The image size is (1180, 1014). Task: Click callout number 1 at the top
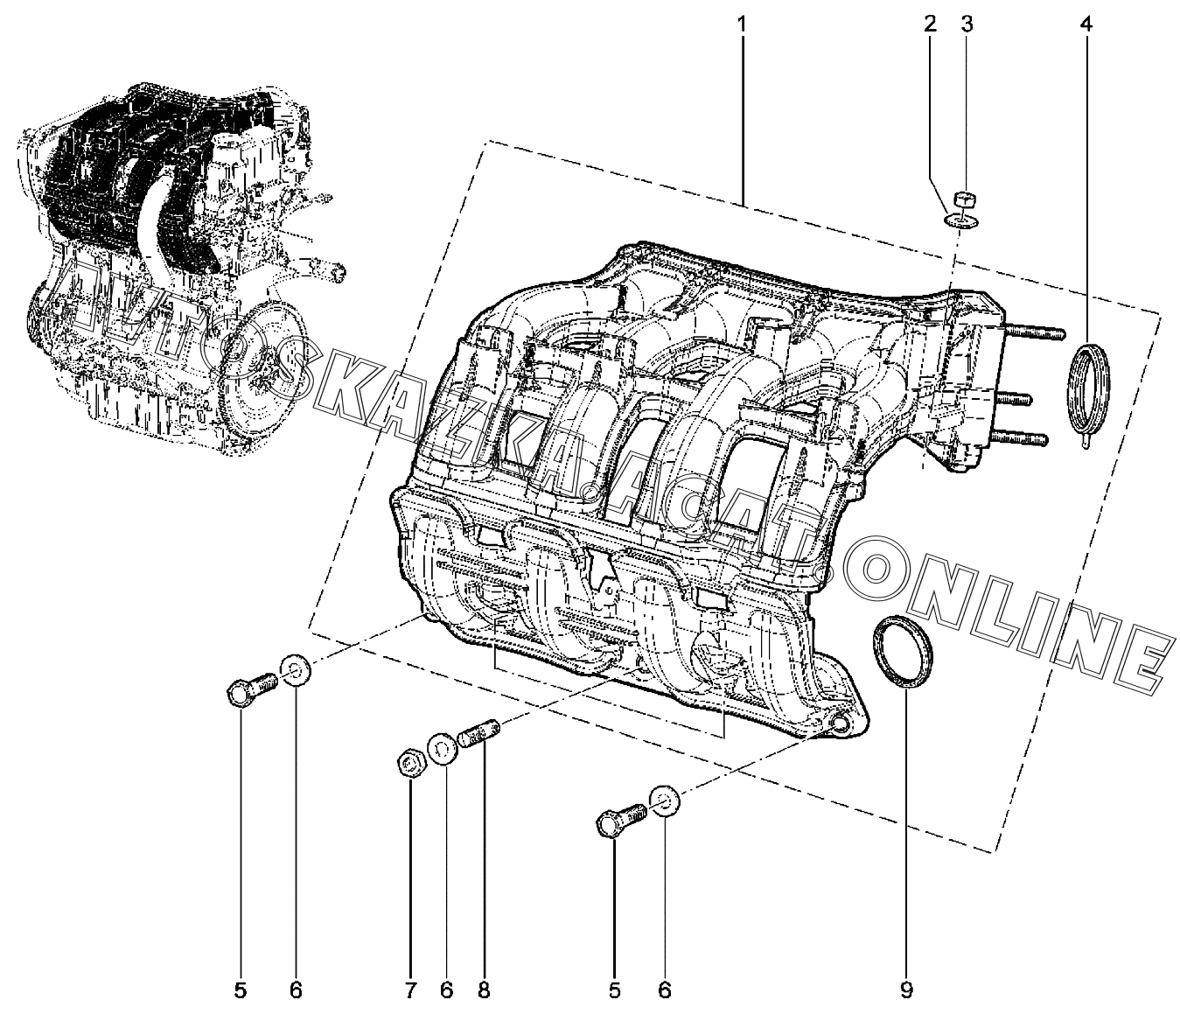point(742,24)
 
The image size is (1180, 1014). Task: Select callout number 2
point(931,24)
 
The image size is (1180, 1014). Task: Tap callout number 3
point(967,24)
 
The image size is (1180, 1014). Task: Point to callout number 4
point(1086,24)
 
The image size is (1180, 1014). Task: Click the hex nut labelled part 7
point(410,764)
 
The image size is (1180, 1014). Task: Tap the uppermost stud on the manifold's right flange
point(1033,332)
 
